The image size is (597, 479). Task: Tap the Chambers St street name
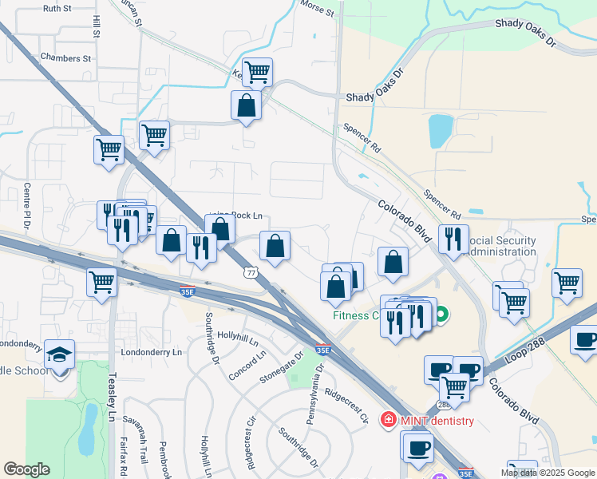point(66,58)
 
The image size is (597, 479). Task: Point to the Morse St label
point(317,10)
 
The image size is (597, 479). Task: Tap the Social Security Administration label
point(500,246)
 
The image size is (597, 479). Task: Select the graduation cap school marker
point(57,354)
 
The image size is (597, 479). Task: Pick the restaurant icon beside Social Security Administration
point(453,238)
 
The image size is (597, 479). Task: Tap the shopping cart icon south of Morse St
point(257,73)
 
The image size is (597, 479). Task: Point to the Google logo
point(26,469)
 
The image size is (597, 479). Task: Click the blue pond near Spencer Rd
point(441,131)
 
